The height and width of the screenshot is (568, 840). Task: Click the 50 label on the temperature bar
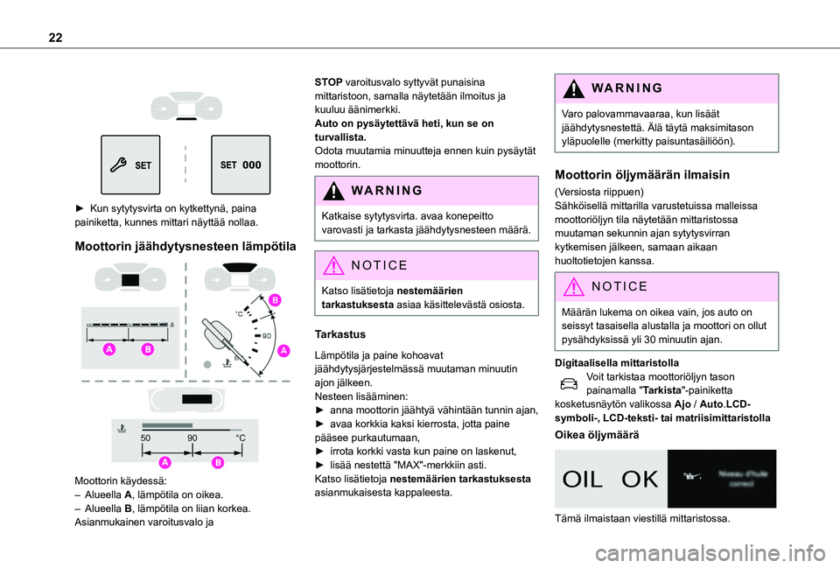(147, 437)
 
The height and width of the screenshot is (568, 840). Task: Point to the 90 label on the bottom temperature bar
(192, 437)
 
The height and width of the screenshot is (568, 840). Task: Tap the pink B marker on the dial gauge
(275, 300)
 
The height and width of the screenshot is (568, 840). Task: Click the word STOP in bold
(328, 81)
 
